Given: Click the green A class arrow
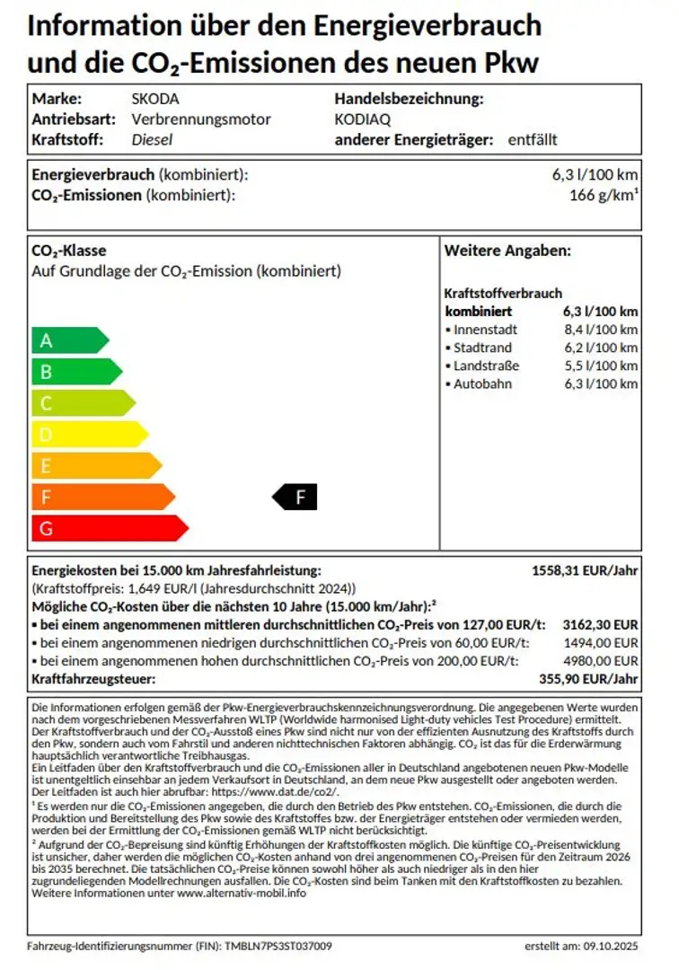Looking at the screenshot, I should [x=68, y=340].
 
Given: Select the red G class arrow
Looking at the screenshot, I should [x=108, y=528].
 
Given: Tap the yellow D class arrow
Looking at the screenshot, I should [x=88, y=435].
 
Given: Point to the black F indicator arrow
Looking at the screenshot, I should [x=295, y=496].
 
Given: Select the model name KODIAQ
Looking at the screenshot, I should [x=362, y=119].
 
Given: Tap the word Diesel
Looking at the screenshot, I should [x=152, y=139].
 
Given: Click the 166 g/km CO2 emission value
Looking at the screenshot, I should [x=604, y=195].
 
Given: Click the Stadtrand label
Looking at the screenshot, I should [x=482, y=348].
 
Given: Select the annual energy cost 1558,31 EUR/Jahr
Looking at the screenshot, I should [x=585, y=570].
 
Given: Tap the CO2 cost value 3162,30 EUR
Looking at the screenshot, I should [x=600, y=624].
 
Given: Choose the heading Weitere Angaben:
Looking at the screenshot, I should [x=507, y=251].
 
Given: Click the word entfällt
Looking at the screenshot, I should [x=533, y=139].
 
